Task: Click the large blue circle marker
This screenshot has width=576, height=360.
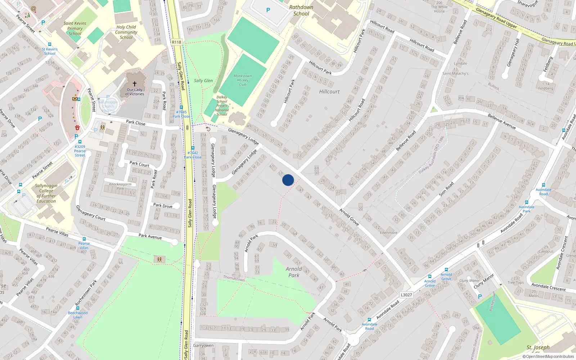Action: click(288, 180)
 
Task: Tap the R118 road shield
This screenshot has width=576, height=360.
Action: click(176, 42)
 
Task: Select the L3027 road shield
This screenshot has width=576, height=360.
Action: click(406, 295)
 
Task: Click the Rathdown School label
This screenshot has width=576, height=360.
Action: click(301, 10)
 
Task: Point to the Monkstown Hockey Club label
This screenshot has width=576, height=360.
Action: click(243, 80)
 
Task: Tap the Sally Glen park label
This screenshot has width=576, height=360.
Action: click(203, 81)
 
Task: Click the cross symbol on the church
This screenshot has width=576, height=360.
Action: click(135, 84)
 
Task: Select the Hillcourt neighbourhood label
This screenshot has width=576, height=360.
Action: click(329, 91)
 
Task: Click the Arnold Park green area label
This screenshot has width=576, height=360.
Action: click(294, 272)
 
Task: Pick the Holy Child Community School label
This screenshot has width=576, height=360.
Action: click(126, 32)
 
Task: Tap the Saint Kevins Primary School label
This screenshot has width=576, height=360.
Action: click(75, 28)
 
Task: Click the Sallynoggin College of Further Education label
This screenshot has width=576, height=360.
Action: click(46, 193)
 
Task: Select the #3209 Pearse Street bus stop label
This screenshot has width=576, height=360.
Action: click(80, 151)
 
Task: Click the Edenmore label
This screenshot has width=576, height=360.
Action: click(388, 233)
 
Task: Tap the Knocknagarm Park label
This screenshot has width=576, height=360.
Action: click(120, 186)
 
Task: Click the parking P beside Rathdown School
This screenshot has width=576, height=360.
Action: click(268, 10)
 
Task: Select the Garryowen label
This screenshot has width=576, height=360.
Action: click(203, 346)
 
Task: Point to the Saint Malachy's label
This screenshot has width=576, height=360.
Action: click(455, 73)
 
